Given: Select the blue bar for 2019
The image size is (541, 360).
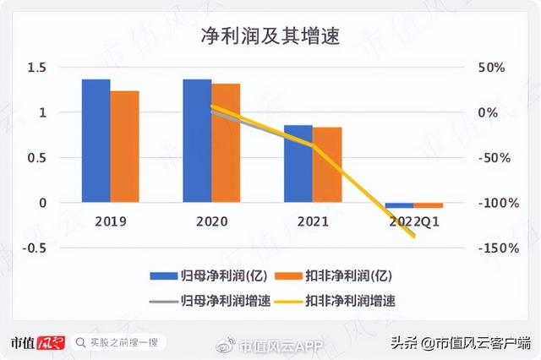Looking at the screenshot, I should pyautogui.click(x=96, y=140).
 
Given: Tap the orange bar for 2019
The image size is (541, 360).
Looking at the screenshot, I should pyautogui.click(x=124, y=146).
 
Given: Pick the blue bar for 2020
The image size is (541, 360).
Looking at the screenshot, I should pyautogui.click(x=197, y=140).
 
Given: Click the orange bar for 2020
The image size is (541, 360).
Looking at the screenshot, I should pyautogui.click(x=226, y=143).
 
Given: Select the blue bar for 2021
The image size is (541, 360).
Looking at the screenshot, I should pyautogui.click(x=298, y=164).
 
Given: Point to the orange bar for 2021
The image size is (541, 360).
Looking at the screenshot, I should pyautogui.click(x=327, y=165).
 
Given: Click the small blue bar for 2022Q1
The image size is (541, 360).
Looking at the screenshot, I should pyautogui.click(x=399, y=205).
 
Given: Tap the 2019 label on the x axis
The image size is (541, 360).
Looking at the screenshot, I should pyautogui.click(x=110, y=222).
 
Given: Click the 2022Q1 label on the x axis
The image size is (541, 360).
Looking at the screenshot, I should pyautogui.click(x=414, y=222).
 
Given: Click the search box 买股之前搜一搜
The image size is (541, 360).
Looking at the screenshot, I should pyautogui.click(x=118, y=342).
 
